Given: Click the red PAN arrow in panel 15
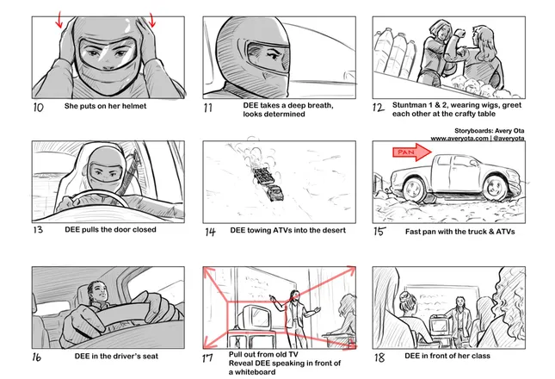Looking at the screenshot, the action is coord(412,152).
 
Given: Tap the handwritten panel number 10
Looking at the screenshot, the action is coord(38,108).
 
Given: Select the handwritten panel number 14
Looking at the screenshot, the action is coord(210,232).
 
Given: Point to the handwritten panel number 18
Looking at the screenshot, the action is coord(379,357).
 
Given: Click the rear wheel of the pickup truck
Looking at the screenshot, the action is coord(414,189).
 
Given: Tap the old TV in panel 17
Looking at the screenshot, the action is coord(254,317).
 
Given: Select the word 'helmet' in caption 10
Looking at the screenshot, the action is coord(134,106).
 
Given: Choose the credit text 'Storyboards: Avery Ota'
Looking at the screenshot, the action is coord(490,131).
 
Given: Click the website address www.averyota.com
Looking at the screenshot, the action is coord(459,139).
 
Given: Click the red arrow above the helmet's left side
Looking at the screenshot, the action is coord(59,20).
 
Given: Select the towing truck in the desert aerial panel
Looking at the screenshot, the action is coord(276,192).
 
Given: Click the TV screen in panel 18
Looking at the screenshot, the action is coord(439,326).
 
